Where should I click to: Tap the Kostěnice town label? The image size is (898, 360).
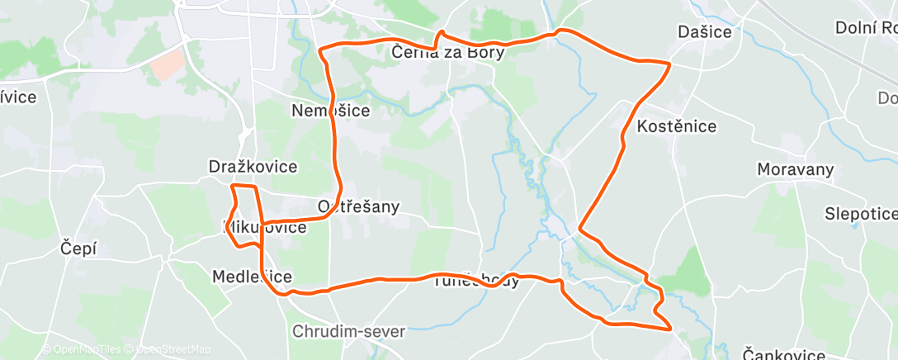tap(677, 127)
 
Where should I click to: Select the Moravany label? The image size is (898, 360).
tap(796, 169)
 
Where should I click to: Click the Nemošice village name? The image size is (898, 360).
tap(331, 110)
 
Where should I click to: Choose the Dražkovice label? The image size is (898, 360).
tap(253, 167)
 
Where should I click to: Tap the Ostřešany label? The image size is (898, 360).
tap(358, 206)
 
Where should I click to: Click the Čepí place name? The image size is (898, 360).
tap(79, 248)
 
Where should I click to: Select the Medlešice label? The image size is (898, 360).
tap(252, 276)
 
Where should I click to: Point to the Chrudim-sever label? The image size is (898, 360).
tap(349, 332)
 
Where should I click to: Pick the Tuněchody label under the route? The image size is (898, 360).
tap(477, 281)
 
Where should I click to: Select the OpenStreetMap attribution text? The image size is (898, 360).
tap(169, 349)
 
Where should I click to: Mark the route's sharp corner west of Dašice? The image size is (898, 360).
tap(668, 63)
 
